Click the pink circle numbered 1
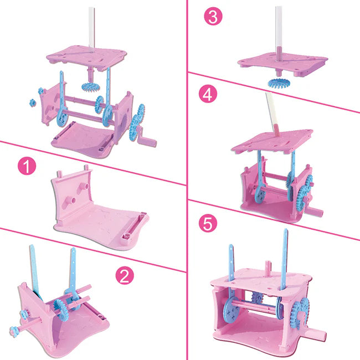(27, 166)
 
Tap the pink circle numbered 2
(125, 275)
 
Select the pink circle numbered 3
(213, 16)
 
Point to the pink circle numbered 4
(208, 94)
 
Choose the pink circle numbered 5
(208, 223)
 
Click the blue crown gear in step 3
(278, 83)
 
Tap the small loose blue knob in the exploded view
(33, 102)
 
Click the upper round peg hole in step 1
(86, 186)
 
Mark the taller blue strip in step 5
(284, 259)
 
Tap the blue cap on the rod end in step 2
(14, 331)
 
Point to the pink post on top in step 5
(268, 267)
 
